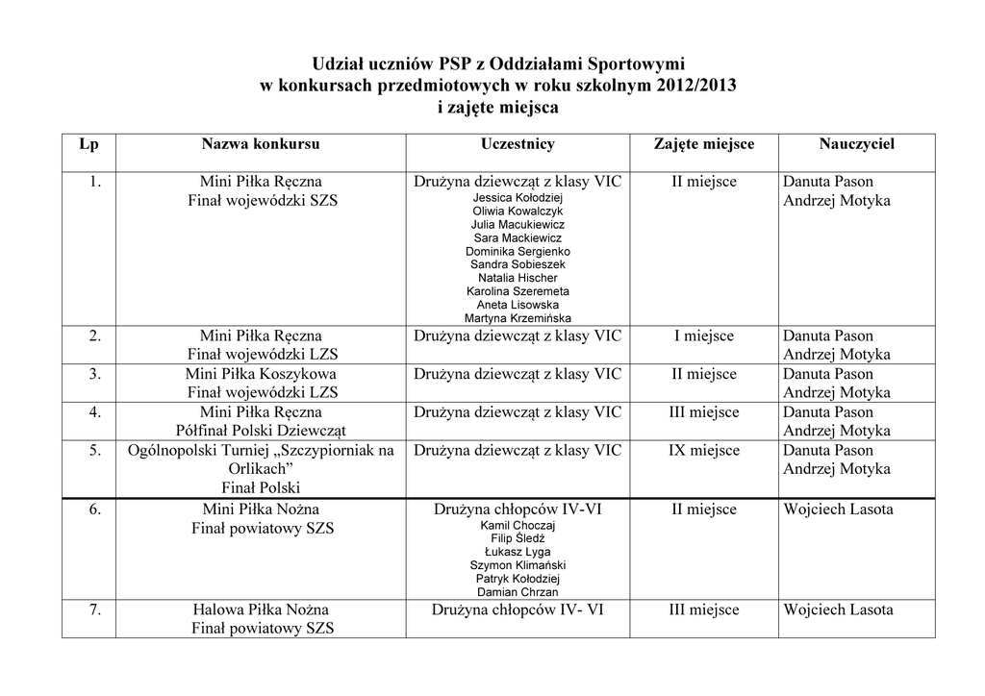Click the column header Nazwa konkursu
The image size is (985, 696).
click(x=261, y=144)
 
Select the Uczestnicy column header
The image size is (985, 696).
click(x=518, y=144)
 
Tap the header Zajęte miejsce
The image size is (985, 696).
click(x=704, y=144)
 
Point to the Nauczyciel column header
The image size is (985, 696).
click(x=857, y=144)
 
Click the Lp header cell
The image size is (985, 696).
click(x=88, y=144)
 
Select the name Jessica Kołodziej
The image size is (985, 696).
click(x=518, y=197)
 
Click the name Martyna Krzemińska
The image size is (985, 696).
click(x=518, y=318)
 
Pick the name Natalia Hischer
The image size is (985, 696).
click(x=518, y=278)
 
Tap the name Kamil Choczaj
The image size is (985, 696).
click(x=518, y=526)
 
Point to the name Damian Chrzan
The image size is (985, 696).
click(x=518, y=593)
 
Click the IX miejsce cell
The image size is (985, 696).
click(x=704, y=451)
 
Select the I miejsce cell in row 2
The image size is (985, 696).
click(x=704, y=336)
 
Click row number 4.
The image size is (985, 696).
click(x=95, y=412)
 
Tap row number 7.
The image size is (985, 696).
click(x=95, y=609)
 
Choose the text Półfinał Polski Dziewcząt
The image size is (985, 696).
click(x=261, y=431)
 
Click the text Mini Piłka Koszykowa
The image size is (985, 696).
click(x=261, y=374)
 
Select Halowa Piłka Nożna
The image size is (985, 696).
click(x=261, y=609)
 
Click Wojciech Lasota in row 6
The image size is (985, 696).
click(x=838, y=510)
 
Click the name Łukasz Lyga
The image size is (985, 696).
click(x=518, y=553)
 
